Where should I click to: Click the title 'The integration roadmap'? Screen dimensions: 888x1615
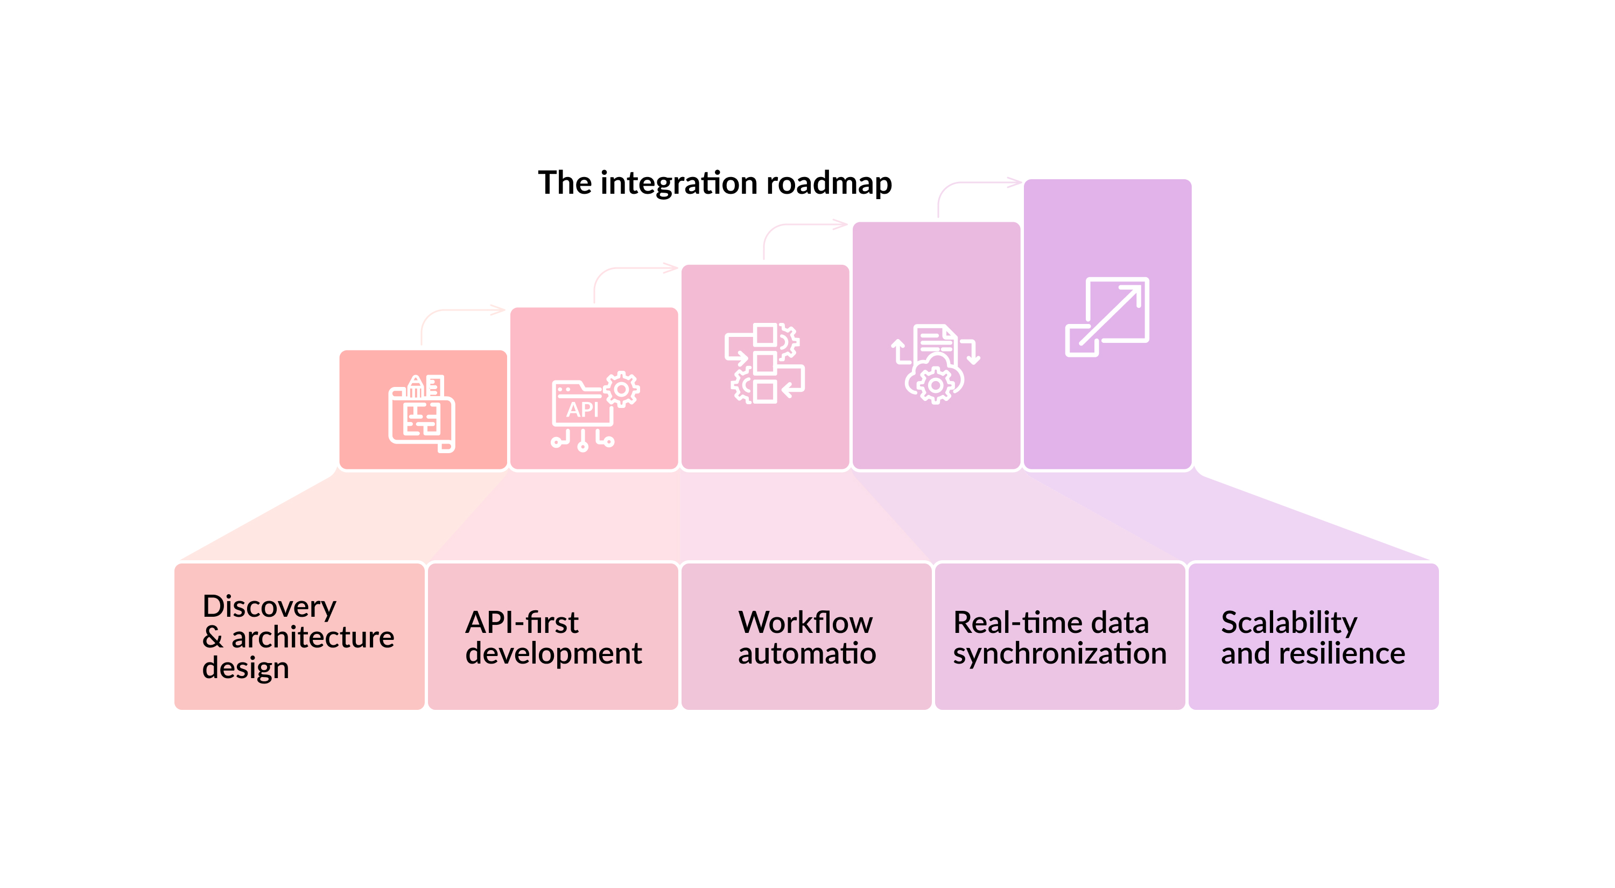[x=715, y=183]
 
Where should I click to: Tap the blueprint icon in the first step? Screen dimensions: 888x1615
[x=422, y=414]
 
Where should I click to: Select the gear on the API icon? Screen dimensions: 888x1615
[x=621, y=389]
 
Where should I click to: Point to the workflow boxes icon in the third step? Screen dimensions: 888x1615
[x=765, y=363]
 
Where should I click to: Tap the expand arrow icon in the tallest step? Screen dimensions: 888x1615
[x=1107, y=317]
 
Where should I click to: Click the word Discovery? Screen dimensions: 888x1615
[x=270, y=607]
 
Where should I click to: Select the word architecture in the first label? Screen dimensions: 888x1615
[x=312, y=637]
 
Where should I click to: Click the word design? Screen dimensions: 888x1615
[x=246, y=668]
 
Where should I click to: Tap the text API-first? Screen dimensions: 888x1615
[x=522, y=622]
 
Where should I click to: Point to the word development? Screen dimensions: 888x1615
[x=553, y=654]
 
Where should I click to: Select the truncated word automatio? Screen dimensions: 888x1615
[x=806, y=654]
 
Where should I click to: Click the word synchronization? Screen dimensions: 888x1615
[x=1059, y=654]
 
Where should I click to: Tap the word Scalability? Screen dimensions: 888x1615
[x=1289, y=622]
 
